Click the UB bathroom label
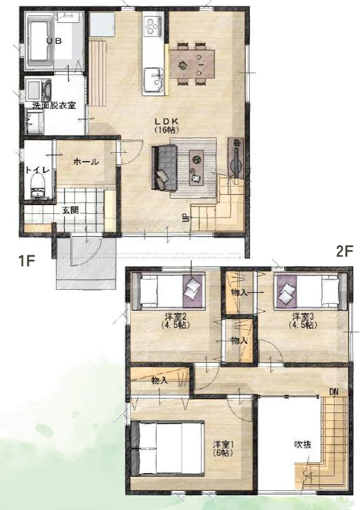(x=54, y=41)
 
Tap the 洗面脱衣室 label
(x=54, y=106)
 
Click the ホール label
(x=86, y=161)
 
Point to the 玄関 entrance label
(x=70, y=209)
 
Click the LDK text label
(x=166, y=121)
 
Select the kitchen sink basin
(x=152, y=80)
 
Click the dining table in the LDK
(x=192, y=64)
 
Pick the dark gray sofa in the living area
(x=164, y=168)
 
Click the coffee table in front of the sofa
(x=197, y=167)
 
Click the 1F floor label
(x=26, y=261)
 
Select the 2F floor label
(x=344, y=251)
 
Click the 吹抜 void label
(x=303, y=444)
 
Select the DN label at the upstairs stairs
(x=334, y=392)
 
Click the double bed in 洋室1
(x=168, y=448)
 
